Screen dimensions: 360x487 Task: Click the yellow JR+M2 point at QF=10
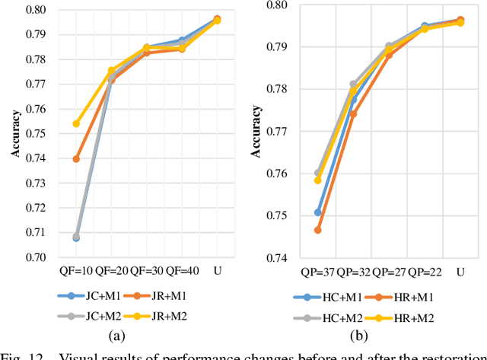tap(76, 123)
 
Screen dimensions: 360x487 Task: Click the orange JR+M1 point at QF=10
tap(76, 159)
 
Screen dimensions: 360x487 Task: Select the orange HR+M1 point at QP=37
tap(318, 230)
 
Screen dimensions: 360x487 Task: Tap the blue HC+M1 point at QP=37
tap(318, 212)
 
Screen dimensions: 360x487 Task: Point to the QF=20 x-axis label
tap(111, 271)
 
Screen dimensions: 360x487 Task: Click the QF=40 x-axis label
tap(181, 271)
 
